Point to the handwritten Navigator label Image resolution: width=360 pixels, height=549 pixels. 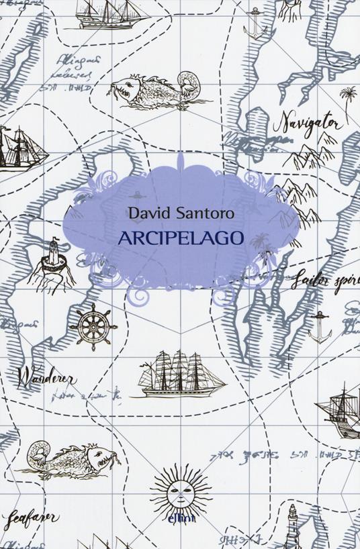click(310, 123)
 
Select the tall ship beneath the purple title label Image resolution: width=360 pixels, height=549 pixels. click(183, 375)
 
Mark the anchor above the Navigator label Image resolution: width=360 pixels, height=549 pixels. click(254, 28)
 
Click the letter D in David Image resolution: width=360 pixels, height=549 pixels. click(135, 213)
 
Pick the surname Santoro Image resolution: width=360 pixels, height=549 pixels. click(201, 213)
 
